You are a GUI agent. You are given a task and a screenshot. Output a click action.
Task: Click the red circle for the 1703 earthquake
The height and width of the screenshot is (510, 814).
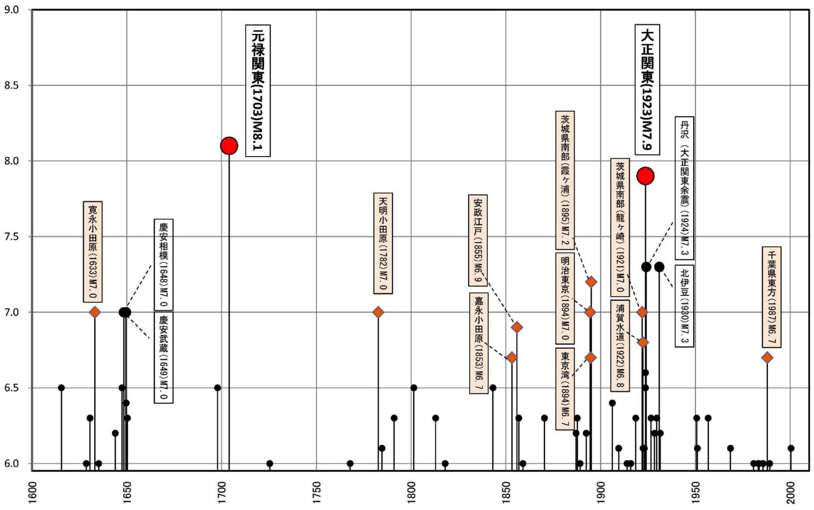229,146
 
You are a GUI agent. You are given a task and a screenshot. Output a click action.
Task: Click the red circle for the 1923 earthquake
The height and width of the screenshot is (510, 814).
645,176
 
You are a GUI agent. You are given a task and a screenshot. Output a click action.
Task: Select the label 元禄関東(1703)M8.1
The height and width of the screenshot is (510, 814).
258,90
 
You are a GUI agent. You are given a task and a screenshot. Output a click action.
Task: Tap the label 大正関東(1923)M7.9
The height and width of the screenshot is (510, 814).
647,89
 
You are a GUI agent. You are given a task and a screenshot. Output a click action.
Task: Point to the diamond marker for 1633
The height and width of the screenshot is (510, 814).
95,312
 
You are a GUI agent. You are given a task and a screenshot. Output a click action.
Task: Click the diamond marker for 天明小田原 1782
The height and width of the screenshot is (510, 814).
378,312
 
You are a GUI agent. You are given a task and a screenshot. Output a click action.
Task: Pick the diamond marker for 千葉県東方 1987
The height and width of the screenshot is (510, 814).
767,357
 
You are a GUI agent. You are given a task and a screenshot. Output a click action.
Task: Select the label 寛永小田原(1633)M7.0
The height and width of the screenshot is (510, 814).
92,252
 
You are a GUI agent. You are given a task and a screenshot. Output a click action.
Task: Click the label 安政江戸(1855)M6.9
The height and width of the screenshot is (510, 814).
478,240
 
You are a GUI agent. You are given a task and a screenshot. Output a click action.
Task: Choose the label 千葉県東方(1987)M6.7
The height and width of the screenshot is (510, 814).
771,297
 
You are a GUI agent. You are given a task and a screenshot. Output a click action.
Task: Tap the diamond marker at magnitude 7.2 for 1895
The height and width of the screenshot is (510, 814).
591,282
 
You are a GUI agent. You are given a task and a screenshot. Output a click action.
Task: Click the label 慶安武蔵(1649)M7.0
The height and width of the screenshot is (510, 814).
163,357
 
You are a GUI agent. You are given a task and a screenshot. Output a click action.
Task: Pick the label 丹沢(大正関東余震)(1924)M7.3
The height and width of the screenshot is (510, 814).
684,188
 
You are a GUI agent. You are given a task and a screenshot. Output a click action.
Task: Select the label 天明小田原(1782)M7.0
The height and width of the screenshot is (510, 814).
383,243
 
